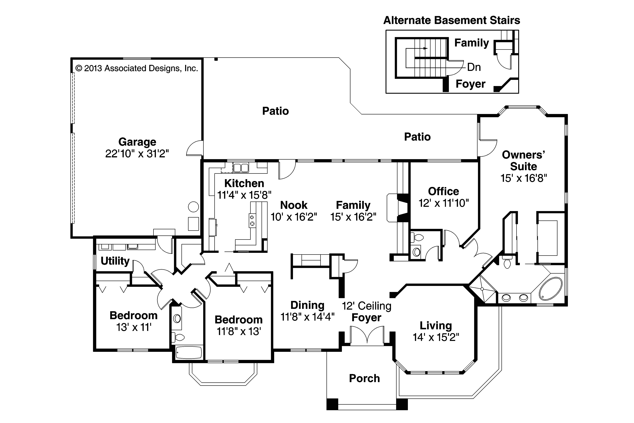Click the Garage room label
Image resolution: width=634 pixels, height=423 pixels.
[x=137, y=142]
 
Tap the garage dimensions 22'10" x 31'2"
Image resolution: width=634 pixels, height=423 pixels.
[x=137, y=154]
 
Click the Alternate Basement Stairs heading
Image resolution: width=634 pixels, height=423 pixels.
[x=452, y=20]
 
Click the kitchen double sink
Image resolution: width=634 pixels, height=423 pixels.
[x=241, y=168]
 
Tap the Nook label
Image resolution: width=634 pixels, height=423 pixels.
[x=294, y=205]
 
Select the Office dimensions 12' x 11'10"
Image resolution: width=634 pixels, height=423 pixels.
[x=443, y=203]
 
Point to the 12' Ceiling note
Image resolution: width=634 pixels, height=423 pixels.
[x=366, y=306]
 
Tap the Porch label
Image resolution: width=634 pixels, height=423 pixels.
[x=364, y=378]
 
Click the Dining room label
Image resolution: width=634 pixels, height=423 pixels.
[x=307, y=305]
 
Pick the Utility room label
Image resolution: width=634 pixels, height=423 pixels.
[x=115, y=261]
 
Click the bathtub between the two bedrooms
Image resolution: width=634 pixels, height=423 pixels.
[x=189, y=352]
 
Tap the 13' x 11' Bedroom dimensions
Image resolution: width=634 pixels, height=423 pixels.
[x=134, y=327]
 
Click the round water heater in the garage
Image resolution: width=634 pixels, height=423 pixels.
[x=193, y=207]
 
